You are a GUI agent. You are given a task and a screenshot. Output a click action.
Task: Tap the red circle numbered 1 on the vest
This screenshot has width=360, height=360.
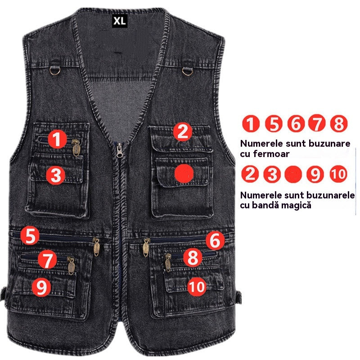(57, 139)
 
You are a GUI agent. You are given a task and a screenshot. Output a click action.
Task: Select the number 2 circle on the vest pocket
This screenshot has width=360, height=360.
(182, 131)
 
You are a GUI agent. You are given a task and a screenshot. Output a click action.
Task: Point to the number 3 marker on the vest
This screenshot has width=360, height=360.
(56, 175)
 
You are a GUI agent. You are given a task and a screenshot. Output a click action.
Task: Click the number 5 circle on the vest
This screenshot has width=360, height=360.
(30, 236)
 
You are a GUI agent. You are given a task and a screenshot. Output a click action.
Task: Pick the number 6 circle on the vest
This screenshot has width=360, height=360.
(215, 241)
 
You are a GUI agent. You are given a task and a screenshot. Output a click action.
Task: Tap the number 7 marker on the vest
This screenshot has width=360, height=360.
(47, 260)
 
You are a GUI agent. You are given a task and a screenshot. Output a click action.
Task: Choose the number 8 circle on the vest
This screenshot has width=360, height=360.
(193, 258)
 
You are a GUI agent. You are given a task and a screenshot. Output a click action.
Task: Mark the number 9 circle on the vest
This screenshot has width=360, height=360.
(41, 287)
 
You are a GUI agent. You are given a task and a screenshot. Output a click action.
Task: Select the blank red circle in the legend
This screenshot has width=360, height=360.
(294, 174)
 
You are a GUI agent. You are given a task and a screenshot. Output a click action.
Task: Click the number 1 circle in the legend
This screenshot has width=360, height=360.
(251, 123)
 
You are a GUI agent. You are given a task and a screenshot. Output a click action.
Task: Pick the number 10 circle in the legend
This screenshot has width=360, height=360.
(338, 174)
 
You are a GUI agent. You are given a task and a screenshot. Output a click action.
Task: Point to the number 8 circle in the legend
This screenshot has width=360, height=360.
(338, 123)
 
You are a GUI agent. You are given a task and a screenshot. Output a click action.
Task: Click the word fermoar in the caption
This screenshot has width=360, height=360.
(271, 154)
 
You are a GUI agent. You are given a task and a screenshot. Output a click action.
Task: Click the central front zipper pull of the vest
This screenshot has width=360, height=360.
(120, 150)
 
